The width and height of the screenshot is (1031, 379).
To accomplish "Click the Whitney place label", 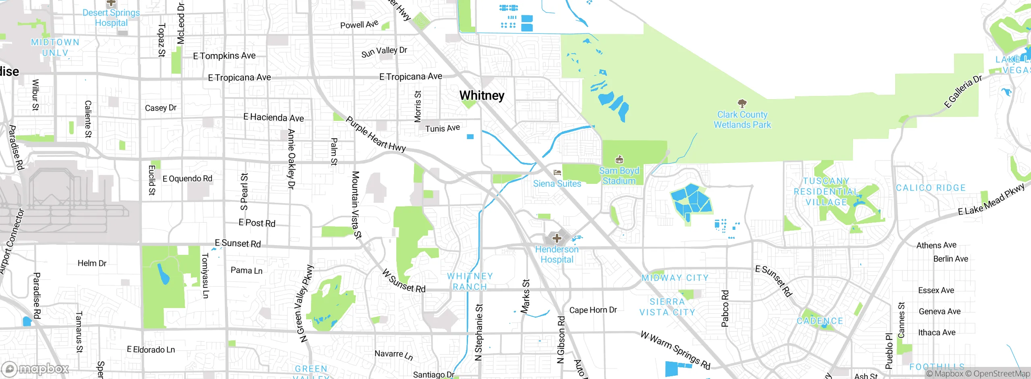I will pos(482,96).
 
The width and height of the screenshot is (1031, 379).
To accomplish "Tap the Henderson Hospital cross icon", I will pos(557,238).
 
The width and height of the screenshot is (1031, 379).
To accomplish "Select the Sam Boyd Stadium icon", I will pos(619,160).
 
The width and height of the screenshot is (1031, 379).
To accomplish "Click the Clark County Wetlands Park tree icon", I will pos(742,104).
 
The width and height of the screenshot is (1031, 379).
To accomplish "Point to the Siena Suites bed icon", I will pos(557,173).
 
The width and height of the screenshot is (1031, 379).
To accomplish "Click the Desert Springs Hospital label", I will pos(111,18).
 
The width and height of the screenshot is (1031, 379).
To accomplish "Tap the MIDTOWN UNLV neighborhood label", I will pos(55,48).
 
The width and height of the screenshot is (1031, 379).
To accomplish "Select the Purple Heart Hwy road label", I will pos(375,134).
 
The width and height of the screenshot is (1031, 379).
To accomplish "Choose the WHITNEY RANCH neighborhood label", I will pos(470,281).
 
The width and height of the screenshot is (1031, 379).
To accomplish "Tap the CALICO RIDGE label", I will pos(931,188).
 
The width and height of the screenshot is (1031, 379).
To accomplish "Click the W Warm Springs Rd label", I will pos(675,350).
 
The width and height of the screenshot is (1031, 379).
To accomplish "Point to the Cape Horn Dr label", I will pos(593,310).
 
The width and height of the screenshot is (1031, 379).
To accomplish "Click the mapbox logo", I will pos(35,369).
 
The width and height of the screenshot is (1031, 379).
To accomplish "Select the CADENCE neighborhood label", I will pos(820,321).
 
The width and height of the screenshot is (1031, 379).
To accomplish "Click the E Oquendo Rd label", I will pos(187,179).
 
